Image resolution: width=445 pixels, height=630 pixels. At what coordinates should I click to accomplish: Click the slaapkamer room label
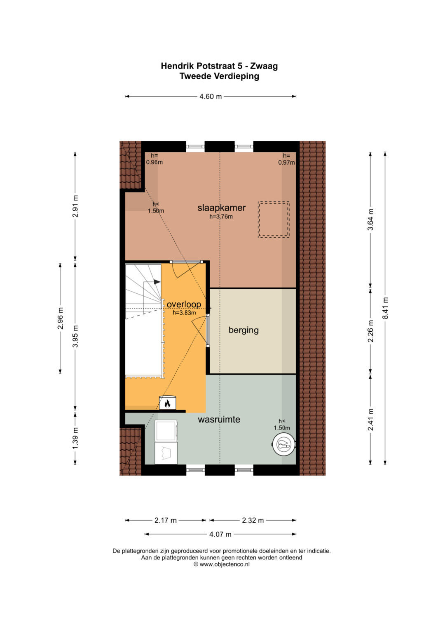tap(221, 208)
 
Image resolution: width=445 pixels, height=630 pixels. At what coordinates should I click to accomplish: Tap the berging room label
tap(244, 330)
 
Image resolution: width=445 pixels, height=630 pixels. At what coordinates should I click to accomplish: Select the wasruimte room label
tap(219, 419)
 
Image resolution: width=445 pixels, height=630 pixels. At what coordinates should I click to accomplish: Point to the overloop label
tap(184, 304)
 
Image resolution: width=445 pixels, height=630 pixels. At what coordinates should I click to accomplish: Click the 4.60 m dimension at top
tap(211, 97)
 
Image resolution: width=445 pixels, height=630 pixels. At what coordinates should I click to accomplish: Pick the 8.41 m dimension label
tap(385, 308)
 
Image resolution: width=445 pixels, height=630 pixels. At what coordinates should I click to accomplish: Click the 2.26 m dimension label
tap(370, 331)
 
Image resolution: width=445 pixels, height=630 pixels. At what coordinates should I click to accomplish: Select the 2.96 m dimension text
tap(60, 318)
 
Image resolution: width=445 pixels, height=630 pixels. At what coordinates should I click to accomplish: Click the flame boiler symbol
tap(167, 403)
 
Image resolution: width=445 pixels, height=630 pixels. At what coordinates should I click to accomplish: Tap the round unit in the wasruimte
tap(284, 444)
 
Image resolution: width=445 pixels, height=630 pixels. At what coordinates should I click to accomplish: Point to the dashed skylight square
tap(274, 219)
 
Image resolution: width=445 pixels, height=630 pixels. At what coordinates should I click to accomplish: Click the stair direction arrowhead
tap(157, 282)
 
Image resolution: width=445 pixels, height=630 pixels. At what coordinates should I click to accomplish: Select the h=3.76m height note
tap(221, 217)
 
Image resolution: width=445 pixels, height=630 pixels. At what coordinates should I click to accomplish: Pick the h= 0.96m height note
tap(154, 159)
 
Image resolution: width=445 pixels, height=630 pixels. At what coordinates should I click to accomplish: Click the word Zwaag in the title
tap(264, 66)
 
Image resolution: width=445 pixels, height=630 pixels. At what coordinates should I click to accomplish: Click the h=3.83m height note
tap(184, 312)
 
